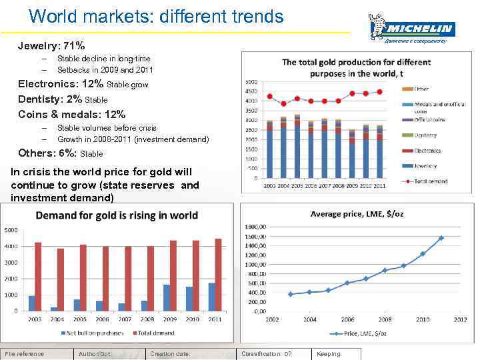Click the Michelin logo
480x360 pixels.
(x=411, y=29)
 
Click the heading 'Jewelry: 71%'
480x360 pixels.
(x=51, y=46)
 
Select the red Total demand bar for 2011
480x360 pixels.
(x=218, y=275)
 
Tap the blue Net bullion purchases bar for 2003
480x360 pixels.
(x=32, y=303)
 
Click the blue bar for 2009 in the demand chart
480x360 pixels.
(x=167, y=297)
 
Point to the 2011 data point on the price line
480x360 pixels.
(x=441, y=237)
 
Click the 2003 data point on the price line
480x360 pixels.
(x=290, y=294)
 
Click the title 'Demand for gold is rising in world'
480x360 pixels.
(x=117, y=215)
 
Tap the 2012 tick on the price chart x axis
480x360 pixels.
(x=460, y=319)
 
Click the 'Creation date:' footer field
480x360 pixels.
(x=170, y=354)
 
